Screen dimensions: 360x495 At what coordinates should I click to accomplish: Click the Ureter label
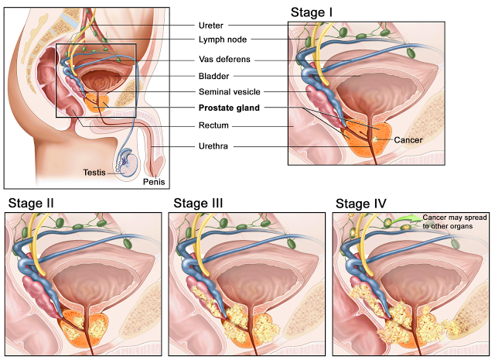click(210, 25)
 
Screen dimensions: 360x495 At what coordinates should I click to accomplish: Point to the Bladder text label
click(213, 76)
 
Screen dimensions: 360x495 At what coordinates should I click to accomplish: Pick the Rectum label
click(213, 125)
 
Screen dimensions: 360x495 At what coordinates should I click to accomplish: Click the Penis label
click(154, 182)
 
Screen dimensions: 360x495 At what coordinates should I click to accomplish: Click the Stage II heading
click(32, 204)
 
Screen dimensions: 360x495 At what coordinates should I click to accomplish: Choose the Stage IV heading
click(361, 204)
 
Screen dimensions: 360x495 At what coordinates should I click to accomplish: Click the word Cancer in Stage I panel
click(408, 140)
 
